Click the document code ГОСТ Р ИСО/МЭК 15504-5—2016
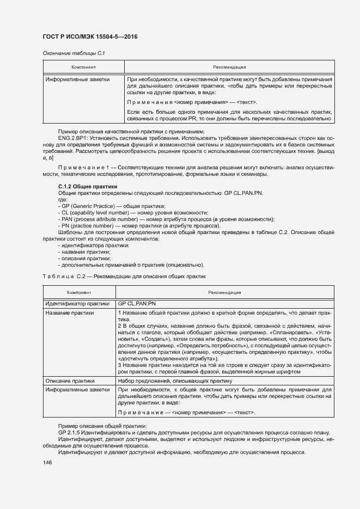pyautogui.click(x=90, y=36)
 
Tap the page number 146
pyautogui.click(x=47, y=462)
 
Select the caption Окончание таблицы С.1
pyautogui.click(x=73, y=53)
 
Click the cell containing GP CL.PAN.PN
pyautogui.click(x=136, y=303)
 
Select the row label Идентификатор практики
pyautogui.click(x=77, y=303)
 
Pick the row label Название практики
pyautogui.click(x=69, y=313)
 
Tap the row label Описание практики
pyautogui.click(x=70, y=381)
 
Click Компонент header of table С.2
pyautogui.click(x=79, y=292)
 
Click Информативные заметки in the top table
pyautogui.click(x=77, y=79)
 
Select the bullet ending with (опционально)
pyautogui.click(x=131, y=265)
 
